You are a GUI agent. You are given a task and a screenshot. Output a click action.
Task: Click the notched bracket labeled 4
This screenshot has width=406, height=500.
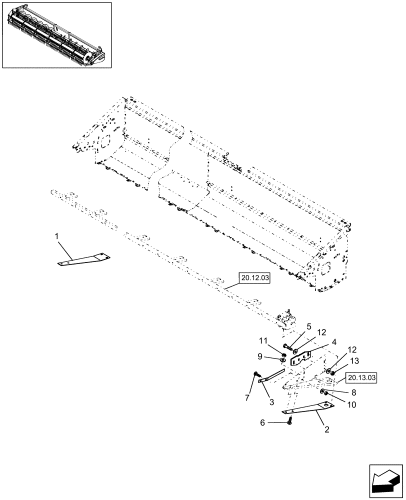(x=300, y=358)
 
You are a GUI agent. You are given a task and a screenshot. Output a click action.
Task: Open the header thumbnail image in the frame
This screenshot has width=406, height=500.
(x=56, y=34)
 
